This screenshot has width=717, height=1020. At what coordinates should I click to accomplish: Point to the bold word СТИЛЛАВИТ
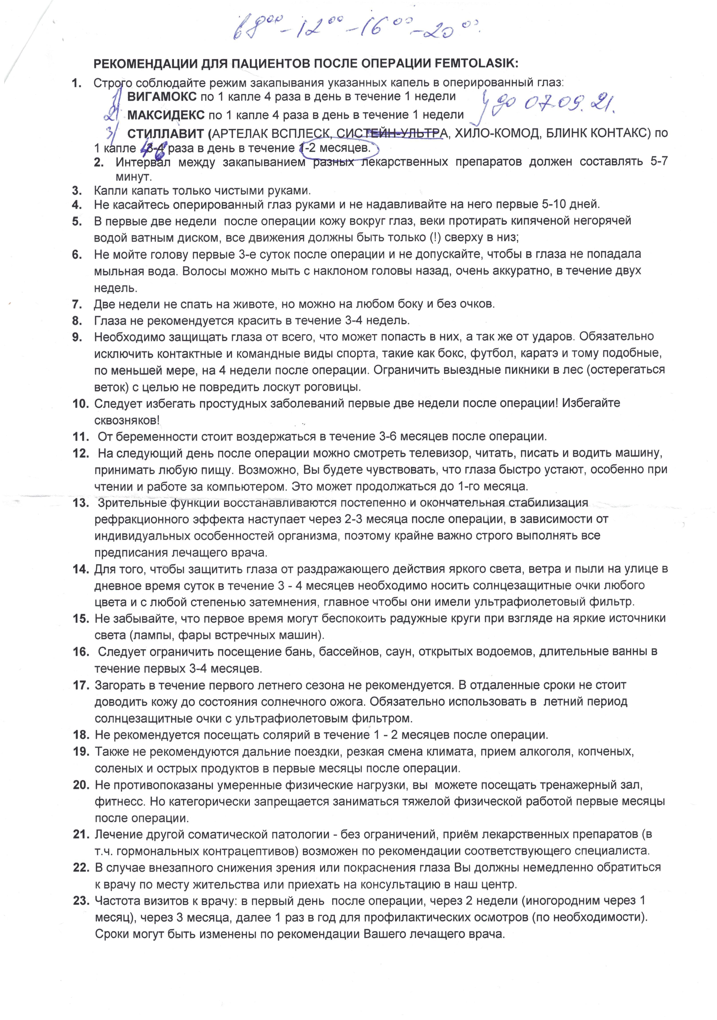click(x=166, y=133)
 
